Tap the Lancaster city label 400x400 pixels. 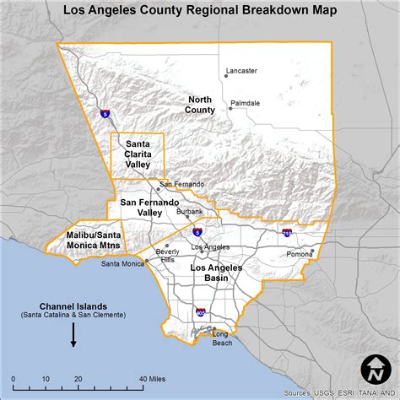[x=241, y=71]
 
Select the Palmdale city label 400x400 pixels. [x=245, y=103]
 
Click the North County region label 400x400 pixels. [x=200, y=105]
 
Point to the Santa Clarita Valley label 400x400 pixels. [x=138, y=153]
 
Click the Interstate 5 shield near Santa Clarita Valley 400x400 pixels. [x=104, y=114]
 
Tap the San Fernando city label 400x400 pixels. [x=181, y=184]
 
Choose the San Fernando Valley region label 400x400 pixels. [x=149, y=208]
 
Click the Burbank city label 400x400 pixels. [x=190, y=211]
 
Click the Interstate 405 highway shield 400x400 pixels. [x=200, y=311]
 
